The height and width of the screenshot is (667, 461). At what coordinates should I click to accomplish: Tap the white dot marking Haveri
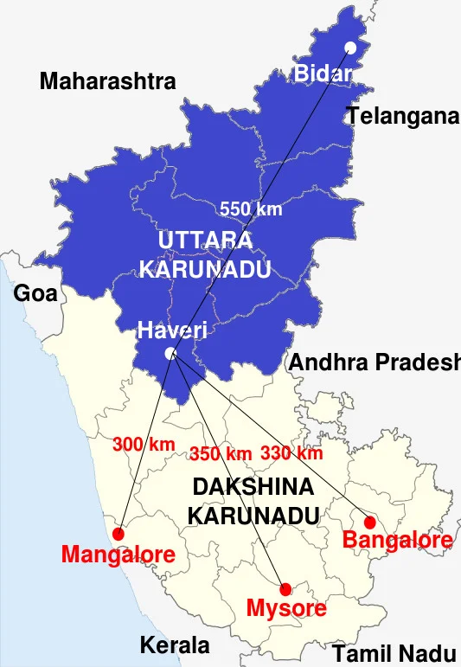click(170, 353)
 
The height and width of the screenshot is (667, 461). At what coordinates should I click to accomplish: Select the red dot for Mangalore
click(118, 534)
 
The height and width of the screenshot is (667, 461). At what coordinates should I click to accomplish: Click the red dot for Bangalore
click(370, 523)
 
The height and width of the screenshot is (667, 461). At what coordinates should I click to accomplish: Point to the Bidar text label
click(323, 74)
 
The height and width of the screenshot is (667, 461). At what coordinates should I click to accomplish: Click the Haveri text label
click(172, 330)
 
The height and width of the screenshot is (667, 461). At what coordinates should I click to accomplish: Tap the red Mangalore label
click(118, 555)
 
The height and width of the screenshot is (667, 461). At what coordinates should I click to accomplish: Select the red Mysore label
click(286, 608)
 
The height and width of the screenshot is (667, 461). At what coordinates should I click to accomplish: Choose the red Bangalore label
click(397, 541)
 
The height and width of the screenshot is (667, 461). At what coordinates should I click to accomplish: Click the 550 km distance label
click(251, 208)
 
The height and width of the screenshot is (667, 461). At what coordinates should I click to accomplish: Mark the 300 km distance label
click(144, 445)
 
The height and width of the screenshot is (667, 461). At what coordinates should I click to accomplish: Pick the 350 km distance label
click(221, 453)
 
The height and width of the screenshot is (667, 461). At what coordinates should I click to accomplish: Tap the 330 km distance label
click(291, 452)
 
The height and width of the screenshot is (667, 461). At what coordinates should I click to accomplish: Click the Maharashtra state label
click(108, 82)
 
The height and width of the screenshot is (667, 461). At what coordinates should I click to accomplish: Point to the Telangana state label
click(402, 115)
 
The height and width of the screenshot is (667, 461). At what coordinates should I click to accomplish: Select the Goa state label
click(35, 293)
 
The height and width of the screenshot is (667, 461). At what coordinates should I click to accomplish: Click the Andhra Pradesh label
click(374, 362)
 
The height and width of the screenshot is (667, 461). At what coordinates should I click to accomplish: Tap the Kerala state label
click(175, 645)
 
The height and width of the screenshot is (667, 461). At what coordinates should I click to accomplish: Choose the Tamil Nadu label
click(394, 653)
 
